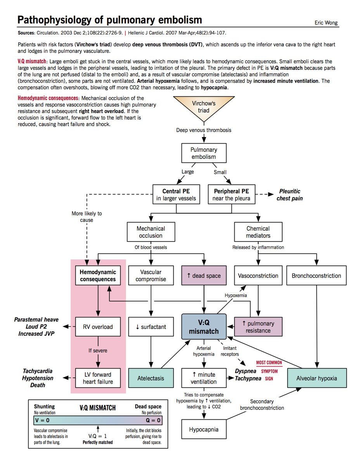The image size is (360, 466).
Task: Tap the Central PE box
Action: tap(176, 195)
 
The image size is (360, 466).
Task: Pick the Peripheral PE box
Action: tap(231, 195)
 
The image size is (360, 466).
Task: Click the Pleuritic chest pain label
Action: tap(289, 195)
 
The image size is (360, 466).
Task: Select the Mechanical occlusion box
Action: tap(151, 232)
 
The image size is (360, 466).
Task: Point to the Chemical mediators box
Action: tap(258, 232)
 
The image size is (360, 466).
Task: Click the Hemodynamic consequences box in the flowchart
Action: tap(98, 276)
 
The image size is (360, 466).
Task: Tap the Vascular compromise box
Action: tap(151, 276)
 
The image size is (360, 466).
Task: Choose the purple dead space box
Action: tap(204, 276)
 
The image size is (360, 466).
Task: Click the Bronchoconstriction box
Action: tap(316, 276)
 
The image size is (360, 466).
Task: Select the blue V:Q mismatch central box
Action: tap(204, 327)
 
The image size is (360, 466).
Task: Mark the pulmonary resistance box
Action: tap(258, 327)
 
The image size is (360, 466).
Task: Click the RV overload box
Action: tap(98, 327)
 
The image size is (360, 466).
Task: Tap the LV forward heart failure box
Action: tap(98, 378)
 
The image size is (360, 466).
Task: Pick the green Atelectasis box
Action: tap(151, 378)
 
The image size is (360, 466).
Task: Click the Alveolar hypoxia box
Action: tap(316, 378)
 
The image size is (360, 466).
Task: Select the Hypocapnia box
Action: tap(204, 429)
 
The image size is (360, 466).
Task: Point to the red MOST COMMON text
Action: tap(269, 363)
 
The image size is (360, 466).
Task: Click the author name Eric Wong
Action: tap(326, 23)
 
